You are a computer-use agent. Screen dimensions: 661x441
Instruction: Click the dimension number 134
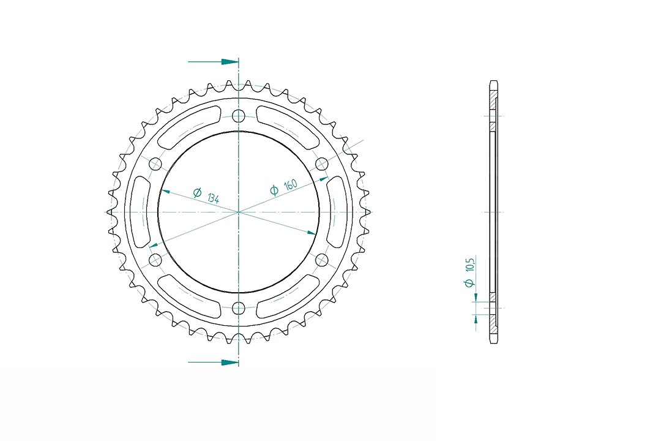[214, 197]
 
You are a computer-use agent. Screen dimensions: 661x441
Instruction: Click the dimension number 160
[291, 184]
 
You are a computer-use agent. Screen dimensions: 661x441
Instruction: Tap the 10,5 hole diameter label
[471, 265]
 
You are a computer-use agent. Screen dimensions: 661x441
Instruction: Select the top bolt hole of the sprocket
[239, 116]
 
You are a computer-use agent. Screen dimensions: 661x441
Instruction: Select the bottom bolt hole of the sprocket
[239, 308]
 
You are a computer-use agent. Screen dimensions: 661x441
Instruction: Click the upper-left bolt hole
[155, 164]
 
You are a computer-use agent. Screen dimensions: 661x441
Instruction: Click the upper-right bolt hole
[322, 164]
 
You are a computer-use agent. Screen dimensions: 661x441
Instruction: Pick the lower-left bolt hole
[155, 260]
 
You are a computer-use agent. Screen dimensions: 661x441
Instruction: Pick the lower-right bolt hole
[322, 260]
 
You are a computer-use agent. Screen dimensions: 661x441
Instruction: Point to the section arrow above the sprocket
[214, 62]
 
